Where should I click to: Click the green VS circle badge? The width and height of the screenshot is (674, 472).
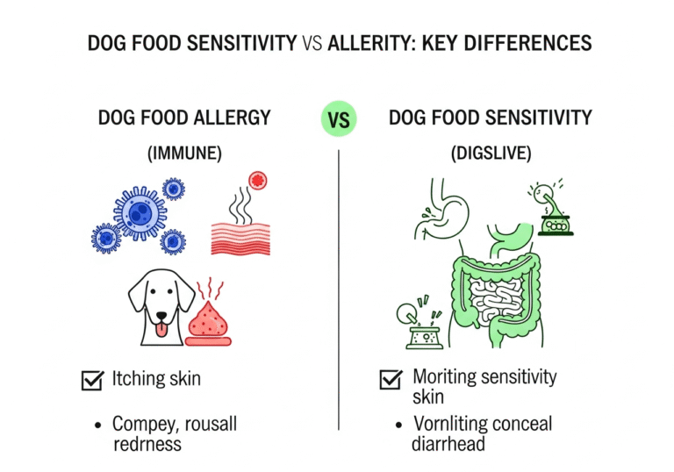(338, 119)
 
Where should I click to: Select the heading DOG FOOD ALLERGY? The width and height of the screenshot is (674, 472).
(183, 118)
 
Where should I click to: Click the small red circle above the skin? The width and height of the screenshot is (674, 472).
(257, 181)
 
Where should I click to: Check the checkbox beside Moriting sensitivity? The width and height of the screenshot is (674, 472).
(390, 380)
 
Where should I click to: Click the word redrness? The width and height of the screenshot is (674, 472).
(147, 444)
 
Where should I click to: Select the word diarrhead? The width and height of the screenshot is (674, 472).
(448, 444)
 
